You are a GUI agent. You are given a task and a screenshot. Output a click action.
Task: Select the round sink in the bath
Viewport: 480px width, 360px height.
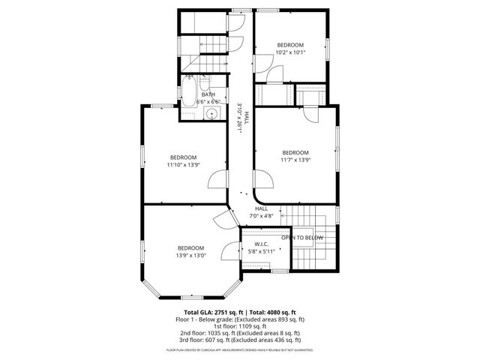click(x=212, y=114)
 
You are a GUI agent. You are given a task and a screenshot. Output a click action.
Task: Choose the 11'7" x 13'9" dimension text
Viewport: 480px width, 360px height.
click(x=295, y=159)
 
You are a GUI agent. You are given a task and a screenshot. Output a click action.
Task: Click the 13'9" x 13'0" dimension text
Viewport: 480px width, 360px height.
click(x=191, y=255)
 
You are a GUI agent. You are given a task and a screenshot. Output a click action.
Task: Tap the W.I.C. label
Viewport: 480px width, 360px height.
click(x=262, y=244)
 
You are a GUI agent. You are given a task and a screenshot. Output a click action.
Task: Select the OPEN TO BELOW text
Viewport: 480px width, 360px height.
click(x=302, y=238)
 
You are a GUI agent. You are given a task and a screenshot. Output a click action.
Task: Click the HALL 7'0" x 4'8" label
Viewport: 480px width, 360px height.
click(x=261, y=212)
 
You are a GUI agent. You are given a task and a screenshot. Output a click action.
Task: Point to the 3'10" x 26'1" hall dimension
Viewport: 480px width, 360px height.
click(x=241, y=118)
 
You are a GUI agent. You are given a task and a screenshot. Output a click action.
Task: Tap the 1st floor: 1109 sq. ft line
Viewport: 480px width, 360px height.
click(x=240, y=325)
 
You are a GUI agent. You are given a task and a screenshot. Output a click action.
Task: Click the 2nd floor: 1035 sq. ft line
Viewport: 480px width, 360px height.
click(x=240, y=332)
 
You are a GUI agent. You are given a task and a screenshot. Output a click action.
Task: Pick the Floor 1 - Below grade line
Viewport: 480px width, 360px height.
click(x=240, y=319)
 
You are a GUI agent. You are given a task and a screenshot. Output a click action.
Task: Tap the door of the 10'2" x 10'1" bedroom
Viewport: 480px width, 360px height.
click(x=275, y=74)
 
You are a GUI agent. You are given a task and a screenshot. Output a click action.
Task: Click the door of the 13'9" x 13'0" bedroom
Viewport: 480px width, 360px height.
click(x=229, y=252)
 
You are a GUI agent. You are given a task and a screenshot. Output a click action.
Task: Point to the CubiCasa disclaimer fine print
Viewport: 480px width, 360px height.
click(x=240, y=349)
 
